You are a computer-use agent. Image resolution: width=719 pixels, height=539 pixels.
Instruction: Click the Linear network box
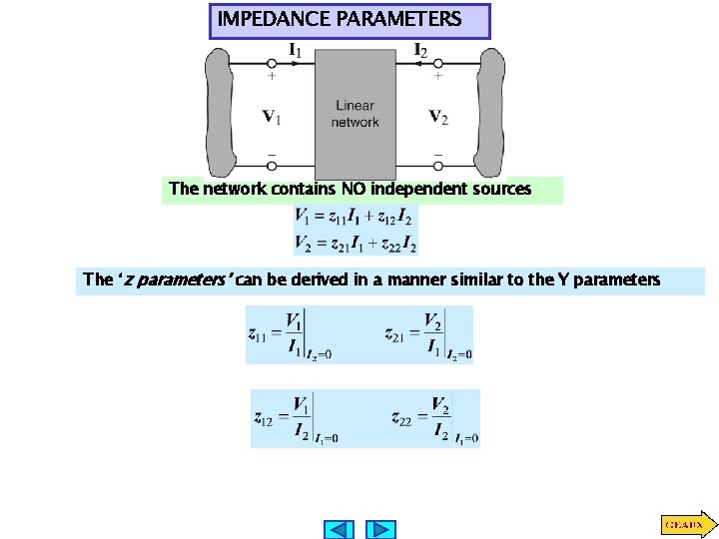click(356, 113)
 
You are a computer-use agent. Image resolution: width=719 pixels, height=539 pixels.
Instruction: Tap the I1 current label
click(297, 48)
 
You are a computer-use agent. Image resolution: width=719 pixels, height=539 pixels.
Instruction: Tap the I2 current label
click(421, 48)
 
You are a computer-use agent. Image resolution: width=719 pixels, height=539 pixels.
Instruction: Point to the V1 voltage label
click(271, 117)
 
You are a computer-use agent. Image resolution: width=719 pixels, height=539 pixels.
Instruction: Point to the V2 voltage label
click(438, 117)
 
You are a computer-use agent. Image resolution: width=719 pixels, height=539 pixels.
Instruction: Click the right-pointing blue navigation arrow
click(380, 529)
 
